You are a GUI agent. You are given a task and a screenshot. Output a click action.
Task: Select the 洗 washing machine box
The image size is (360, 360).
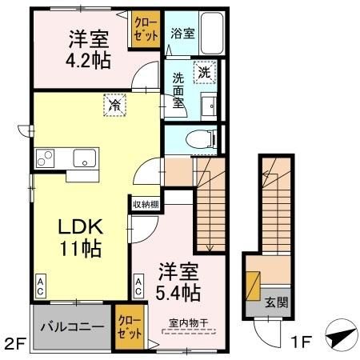tap(205, 70)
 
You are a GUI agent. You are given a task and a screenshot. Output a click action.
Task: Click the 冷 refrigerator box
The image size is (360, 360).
tap(114, 104)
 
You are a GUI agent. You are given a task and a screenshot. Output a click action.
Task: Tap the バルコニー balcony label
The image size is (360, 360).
tap(72, 327)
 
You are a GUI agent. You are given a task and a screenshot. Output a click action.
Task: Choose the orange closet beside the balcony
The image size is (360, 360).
tap(128, 328)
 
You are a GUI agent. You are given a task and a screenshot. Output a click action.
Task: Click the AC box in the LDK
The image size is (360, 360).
tap(39, 286)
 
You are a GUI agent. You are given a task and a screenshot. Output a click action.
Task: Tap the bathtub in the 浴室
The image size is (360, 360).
tap(211, 34)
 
